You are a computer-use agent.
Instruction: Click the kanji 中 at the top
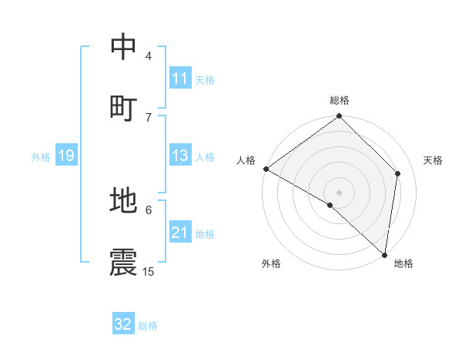tap(124, 46)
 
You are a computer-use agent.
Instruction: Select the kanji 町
tap(124, 108)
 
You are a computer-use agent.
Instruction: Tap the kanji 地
tap(124, 200)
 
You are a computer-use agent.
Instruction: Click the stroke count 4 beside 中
tap(149, 55)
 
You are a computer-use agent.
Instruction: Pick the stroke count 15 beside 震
tap(149, 271)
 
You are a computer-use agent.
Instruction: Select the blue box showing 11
tap(180, 79)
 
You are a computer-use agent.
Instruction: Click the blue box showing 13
tap(180, 156)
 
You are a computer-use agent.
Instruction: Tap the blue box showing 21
tap(180, 233)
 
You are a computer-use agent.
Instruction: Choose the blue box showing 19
tap(65, 156)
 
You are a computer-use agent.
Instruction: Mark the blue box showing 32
tap(123, 324)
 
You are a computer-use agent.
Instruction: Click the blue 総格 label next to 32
tap(148, 326)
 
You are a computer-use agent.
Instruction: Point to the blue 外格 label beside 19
tap(41, 157)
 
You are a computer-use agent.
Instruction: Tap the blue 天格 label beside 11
tap(205, 79)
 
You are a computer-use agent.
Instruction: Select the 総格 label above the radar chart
tap(340, 100)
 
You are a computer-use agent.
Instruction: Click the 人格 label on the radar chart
tap(246, 160)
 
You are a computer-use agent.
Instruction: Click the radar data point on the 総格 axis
tap(340, 117)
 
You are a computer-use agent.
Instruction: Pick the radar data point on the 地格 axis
tap(385, 254)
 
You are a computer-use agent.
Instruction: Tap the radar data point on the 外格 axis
tap(330, 205)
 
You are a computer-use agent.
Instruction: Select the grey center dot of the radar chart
tap(340, 192)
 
